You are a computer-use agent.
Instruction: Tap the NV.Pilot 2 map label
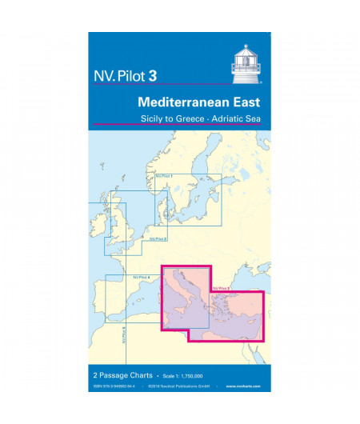pos(158,238)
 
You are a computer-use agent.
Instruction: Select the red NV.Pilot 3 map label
pos(222,288)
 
